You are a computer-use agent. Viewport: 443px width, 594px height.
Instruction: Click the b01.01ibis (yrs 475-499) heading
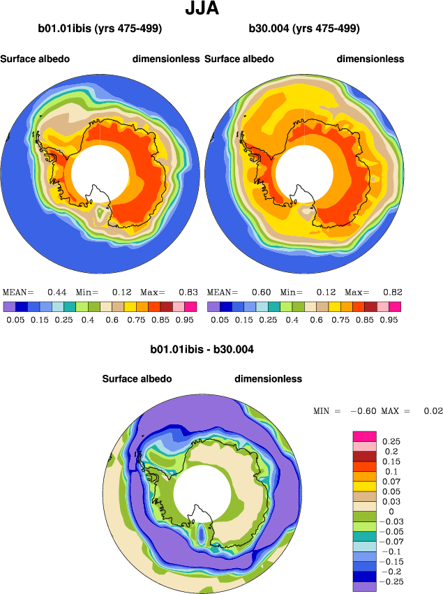point(100,29)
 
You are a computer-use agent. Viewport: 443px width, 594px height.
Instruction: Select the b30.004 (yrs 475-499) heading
point(304,29)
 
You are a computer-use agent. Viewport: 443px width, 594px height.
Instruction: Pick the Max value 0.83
point(188,292)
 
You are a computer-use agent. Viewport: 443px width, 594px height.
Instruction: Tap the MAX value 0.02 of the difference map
point(433,410)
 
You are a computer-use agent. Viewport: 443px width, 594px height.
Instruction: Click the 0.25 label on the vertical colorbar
point(393,441)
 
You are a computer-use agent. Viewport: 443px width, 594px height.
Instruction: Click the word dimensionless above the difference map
point(268,378)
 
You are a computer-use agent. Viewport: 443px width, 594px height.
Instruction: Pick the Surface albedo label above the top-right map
point(239,59)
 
